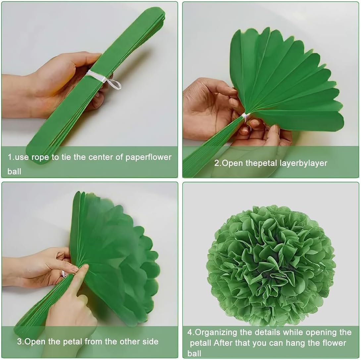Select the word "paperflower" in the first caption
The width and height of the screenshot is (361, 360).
(148, 157)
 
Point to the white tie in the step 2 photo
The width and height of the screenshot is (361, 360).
(245, 116)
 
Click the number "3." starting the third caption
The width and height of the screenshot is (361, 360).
(20, 341)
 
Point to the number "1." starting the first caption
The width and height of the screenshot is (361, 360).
(11, 157)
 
